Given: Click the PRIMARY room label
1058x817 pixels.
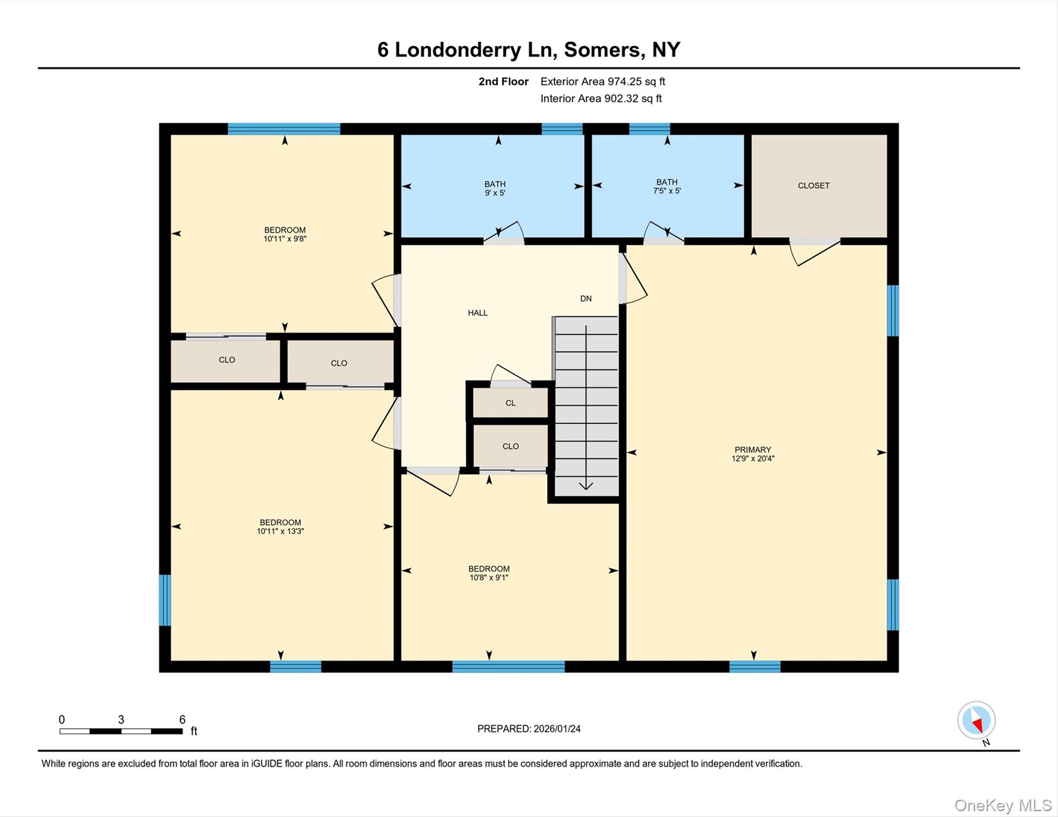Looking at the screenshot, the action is point(753,449).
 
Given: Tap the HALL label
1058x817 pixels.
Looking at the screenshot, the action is point(477,313).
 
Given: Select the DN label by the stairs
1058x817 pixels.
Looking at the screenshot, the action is point(586,298).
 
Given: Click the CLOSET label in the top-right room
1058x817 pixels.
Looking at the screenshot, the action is point(813,186).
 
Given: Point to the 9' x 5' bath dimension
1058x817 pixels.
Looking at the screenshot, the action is point(495,193).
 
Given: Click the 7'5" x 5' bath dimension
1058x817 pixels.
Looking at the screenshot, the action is point(667,190).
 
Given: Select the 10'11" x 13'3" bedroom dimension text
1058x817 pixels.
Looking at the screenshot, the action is point(280,531).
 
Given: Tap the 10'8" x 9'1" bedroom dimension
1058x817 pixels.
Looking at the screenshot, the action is point(489,577).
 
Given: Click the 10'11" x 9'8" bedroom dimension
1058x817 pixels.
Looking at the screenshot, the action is point(285,239).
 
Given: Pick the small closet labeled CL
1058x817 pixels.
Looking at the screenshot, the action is point(510,403).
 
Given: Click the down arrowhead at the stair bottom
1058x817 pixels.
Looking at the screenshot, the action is point(586,485).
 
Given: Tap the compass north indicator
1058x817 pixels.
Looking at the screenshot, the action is point(977,725).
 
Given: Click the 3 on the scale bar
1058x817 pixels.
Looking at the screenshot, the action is point(121,720).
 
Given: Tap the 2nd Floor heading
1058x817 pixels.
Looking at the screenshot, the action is point(503,81).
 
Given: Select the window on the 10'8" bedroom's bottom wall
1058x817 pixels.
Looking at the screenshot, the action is point(508,666).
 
